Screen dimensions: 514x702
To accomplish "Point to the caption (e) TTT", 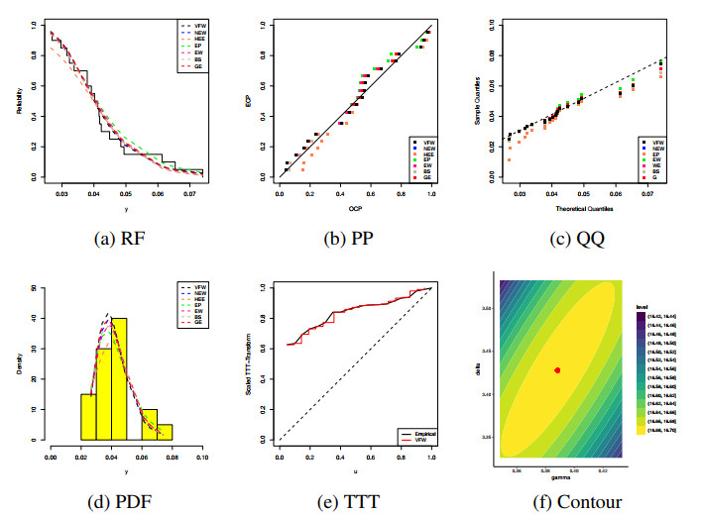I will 353,501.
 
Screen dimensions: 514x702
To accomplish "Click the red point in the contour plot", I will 557,369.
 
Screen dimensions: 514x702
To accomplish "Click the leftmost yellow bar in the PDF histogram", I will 88,416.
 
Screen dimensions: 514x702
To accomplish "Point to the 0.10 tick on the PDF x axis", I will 201,458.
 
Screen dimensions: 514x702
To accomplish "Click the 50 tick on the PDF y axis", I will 37,288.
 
